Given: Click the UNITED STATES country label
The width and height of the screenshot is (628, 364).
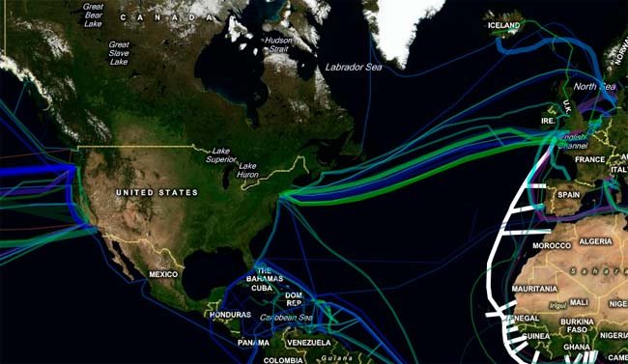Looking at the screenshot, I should pos(157,193).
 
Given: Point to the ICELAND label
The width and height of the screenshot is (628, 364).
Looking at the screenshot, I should pos(503,26).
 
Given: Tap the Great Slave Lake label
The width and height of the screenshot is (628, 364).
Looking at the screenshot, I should pos(119,53).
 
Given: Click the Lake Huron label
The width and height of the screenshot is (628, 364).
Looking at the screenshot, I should pos(248,170).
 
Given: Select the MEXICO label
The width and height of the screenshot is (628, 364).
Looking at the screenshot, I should pos(163,275).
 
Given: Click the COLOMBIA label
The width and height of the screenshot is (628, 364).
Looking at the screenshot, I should pos(283,360).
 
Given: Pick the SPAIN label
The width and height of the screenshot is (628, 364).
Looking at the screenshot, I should pos(567,194).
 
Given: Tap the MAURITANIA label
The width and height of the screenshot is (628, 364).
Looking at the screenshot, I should pos(534,288).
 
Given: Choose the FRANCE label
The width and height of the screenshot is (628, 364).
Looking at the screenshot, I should pos(589,159).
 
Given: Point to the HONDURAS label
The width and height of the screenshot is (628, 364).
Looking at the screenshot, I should pos(229,316).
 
